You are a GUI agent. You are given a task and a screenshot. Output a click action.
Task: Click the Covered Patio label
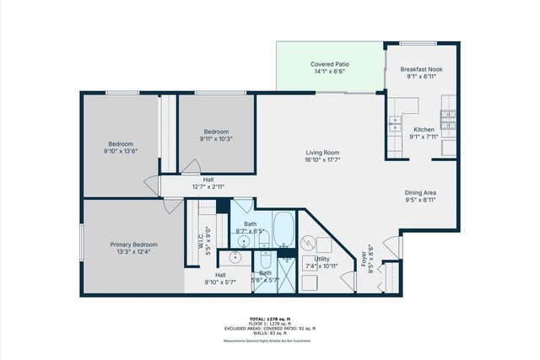pos(330,64)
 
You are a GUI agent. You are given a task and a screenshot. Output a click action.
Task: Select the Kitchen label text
pos(424,129)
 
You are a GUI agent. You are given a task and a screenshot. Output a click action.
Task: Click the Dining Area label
pos(420,193)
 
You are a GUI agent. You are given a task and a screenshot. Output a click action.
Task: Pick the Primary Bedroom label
pos(134,244)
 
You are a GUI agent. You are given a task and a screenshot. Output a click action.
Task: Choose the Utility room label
pos(322,259)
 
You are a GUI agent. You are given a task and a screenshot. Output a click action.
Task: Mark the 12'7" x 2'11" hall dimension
pos(208,185)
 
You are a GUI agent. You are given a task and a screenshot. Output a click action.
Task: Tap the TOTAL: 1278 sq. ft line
pos(269,318)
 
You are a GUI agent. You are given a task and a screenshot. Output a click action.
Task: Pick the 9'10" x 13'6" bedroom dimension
pos(121,151)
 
